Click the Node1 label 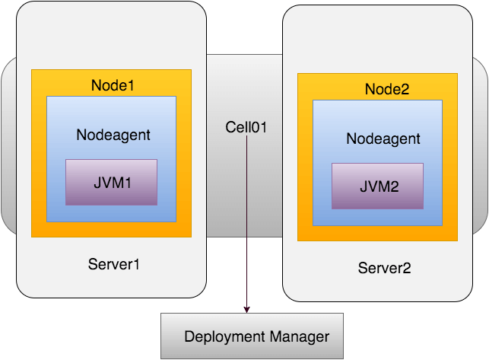tap(113, 85)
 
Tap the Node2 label tap(387, 89)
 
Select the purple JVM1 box tap(111, 183)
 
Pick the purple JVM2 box tap(378, 186)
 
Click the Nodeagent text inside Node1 tap(113, 135)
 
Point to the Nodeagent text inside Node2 tap(383, 139)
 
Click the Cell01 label tap(246, 127)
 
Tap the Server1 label tap(113, 264)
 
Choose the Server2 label tap(384, 268)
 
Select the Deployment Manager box tap(252, 336)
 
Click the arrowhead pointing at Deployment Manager tap(246, 310)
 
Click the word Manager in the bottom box tap(300, 336)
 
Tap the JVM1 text tap(113, 183)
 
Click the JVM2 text tap(379, 186)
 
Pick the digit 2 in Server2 tap(407, 268)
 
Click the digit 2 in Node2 tap(405, 89)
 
